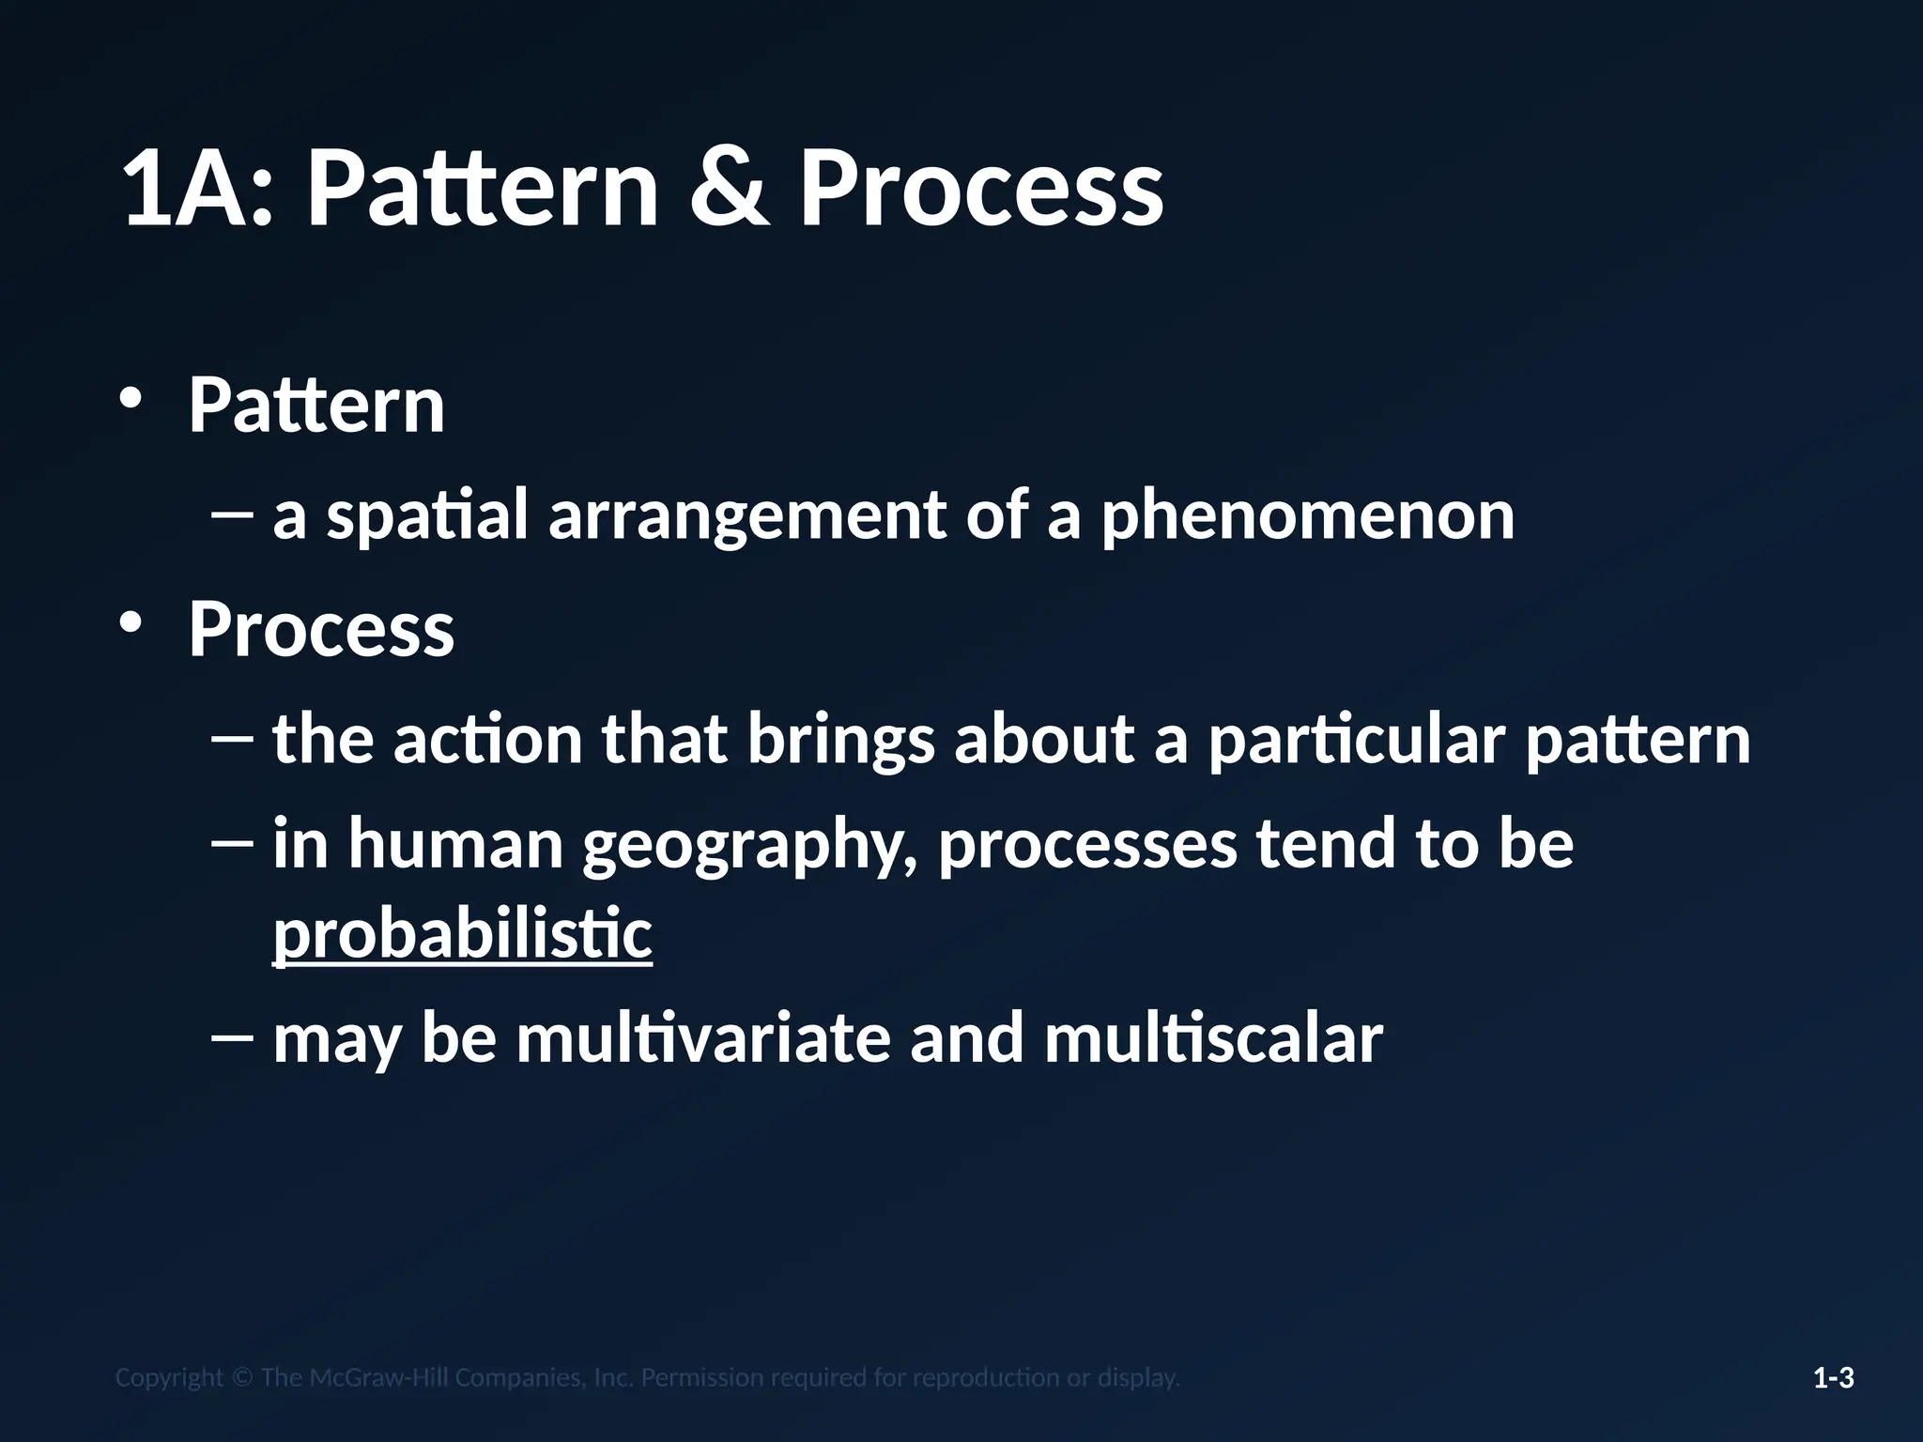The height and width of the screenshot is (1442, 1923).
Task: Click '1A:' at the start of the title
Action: [x=198, y=190]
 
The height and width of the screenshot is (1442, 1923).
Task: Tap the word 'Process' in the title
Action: [x=981, y=190]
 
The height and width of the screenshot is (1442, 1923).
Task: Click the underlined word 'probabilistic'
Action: [x=462, y=934]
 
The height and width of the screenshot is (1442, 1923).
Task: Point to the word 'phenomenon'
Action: [x=1307, y=516]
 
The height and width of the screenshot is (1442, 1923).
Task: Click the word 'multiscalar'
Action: [x=1213, y=1039]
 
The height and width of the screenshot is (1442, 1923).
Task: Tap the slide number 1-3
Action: [x=1833, y=1378]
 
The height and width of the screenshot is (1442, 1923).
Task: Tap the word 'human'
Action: [x=455, y=843]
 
